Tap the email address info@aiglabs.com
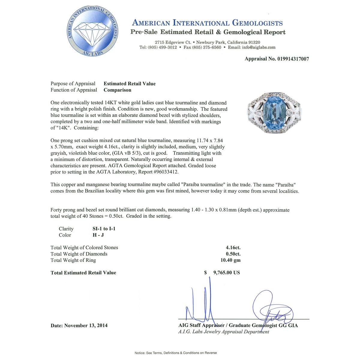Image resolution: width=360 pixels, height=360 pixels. [259, 47]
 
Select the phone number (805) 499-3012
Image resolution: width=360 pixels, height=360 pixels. [162, 47]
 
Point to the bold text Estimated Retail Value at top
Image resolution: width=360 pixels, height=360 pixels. [130, 84]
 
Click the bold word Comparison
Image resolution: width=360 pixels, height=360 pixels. [118, 90]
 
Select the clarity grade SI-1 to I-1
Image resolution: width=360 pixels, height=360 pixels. [104, 229]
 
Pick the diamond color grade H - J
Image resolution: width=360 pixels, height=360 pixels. [98, 235]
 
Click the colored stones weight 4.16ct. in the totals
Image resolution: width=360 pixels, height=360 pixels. [233, 247]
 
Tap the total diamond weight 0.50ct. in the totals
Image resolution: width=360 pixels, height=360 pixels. [233, 254]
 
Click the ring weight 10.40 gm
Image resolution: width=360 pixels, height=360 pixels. [230, 260]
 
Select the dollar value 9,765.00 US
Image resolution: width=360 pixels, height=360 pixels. [226, 273]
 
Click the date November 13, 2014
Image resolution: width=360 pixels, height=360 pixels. [86, 325]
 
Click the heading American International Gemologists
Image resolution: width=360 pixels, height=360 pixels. [207, 23]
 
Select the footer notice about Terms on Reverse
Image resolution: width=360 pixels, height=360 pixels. [175, 353]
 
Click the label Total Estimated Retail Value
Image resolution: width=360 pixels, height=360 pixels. [83, 273]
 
